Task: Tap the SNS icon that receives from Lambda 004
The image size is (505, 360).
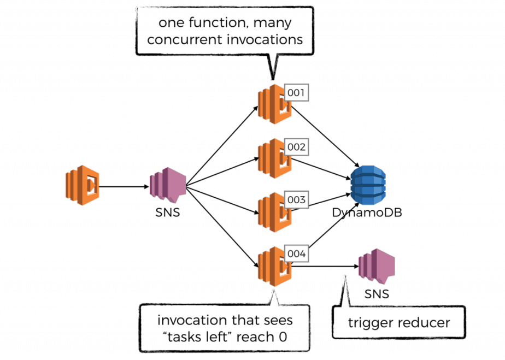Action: [x=376, y=266]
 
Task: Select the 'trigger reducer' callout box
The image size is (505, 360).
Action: [x=399, y=322]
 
